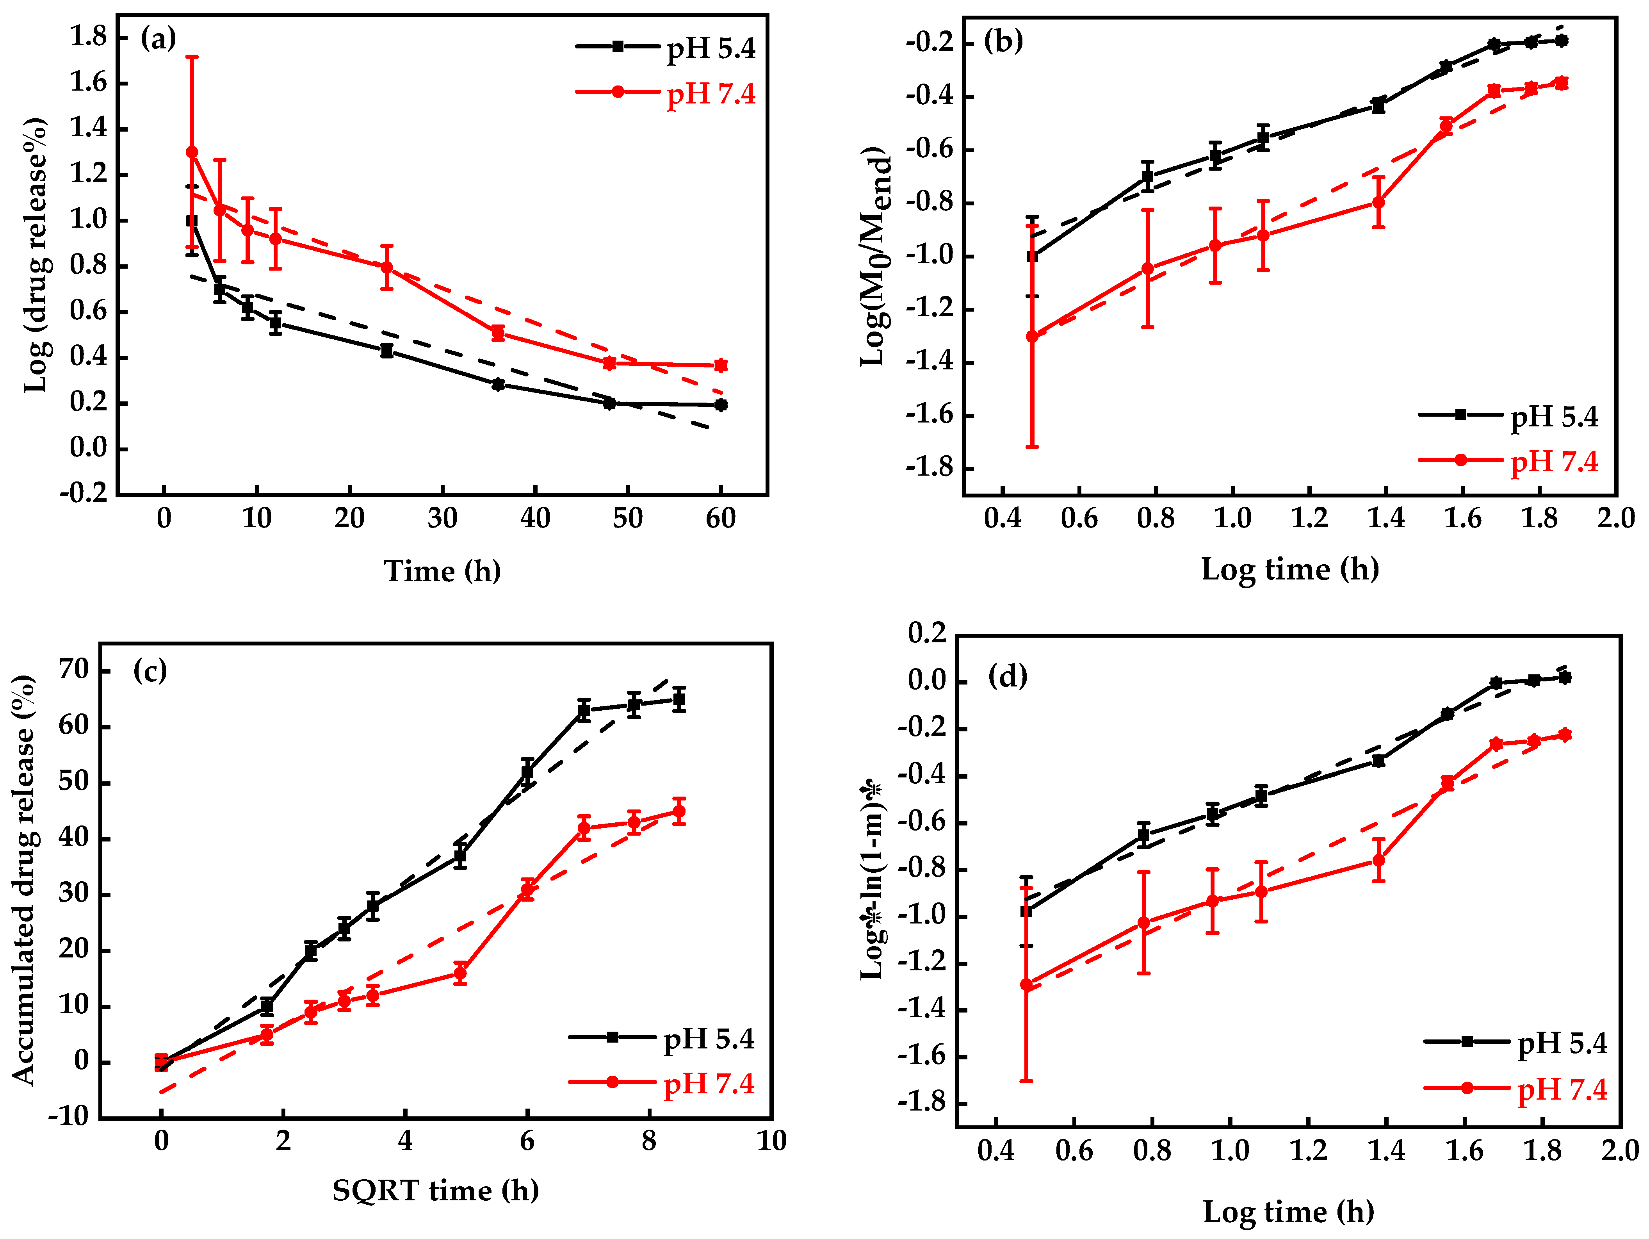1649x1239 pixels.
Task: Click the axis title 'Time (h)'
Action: pyautogui.click(x=442, y=571)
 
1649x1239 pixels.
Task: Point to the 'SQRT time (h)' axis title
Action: pyautogui.click(x=435, y=1191)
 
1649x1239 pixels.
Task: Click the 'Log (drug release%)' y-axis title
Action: pyautogui.click(x=36, y=255)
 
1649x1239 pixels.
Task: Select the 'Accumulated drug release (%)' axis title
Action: pyautogui.click(x=24, y=880)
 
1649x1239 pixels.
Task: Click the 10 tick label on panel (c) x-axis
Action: pyautogui.click(x=771, y=1141)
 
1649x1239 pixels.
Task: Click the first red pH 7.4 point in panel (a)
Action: pyautogui.click(x=192, y=152)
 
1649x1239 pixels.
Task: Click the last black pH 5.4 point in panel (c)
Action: pyautogui.click(x=679, y=699)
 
